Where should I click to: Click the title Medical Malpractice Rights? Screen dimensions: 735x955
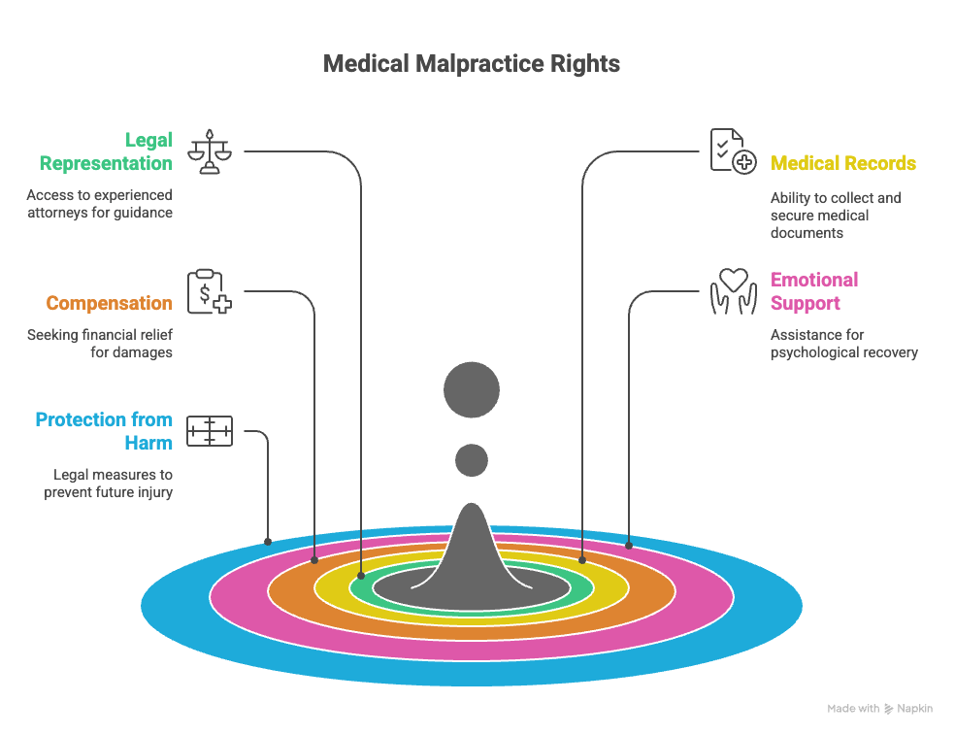pos(472,64)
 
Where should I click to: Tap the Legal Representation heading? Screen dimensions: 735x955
pos(107,151)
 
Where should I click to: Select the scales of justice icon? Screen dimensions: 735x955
pos(210,151)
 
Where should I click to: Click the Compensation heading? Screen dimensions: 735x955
pos(109,303)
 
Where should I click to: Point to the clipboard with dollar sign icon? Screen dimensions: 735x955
pos(210,291)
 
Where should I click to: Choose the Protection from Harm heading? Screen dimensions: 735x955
pos(104,431)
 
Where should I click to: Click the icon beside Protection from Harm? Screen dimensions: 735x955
pos(210,431)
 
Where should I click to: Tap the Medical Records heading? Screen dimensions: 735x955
pos(842,163)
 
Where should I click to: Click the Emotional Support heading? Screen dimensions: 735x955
pos(814,291)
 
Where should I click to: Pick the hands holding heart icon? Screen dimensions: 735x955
pos(733,291)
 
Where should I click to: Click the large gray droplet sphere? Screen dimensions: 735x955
pos(472,390)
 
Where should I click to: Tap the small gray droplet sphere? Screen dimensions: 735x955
pos(472,459)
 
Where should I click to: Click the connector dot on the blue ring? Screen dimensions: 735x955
pos(268,541)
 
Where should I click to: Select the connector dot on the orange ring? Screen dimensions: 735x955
pos(314,560)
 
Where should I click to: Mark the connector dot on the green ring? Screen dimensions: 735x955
pos(361,576)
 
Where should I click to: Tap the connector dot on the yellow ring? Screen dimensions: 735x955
pos(582,560)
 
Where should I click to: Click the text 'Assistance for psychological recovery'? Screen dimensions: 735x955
pos(843,344)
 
